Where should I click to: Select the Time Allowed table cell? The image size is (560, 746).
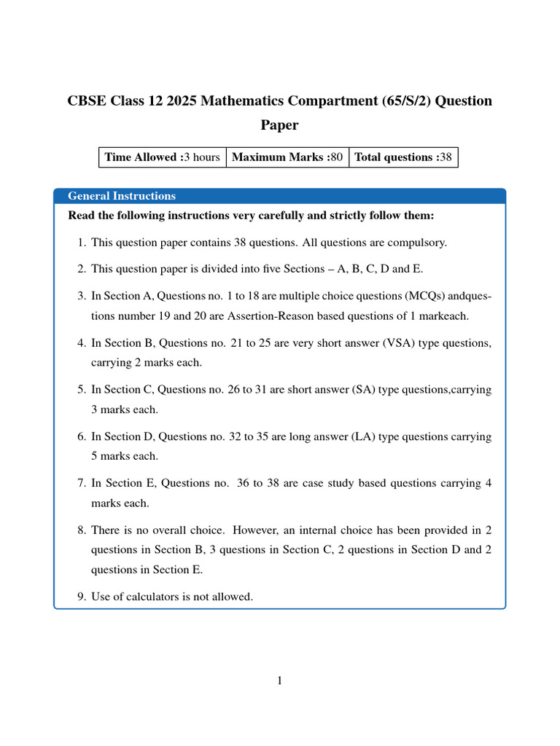(x=163, y=157)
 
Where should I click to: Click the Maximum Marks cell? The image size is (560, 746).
(x=287, y=157)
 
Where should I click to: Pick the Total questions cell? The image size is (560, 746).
(x=403, y=157)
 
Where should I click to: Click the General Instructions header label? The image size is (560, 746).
(x=122, y=196)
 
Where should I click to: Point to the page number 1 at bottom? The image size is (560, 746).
(x=280, y=681)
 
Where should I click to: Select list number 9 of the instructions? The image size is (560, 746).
(x=81, y=597)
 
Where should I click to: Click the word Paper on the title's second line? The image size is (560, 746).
(x=280, y=125)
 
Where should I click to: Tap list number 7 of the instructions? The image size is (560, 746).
(x=81, y=483)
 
